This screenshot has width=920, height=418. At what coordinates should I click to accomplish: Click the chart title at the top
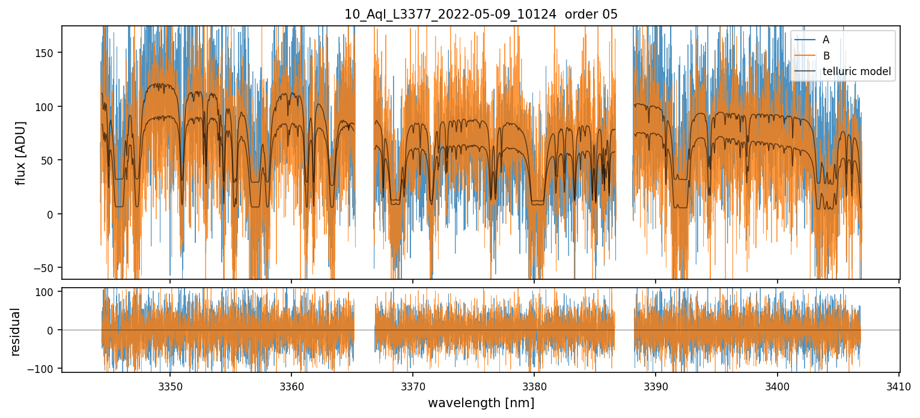(481, 14)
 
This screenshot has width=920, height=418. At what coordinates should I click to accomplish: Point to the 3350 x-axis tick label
(169, 385)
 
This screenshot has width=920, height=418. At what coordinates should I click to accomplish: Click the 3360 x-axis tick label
(291, 385)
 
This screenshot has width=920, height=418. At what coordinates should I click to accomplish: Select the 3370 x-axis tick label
(413, 385)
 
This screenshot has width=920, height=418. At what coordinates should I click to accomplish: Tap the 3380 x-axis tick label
(534, 385)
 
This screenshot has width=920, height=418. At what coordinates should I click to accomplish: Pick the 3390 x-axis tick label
(656, 385)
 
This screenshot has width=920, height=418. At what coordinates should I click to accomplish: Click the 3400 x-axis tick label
(778, 385)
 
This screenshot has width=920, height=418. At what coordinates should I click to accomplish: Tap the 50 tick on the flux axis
(49, 160)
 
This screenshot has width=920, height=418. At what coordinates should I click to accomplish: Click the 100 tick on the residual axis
(47, 292)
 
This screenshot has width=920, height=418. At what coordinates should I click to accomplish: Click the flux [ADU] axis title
(22, 153)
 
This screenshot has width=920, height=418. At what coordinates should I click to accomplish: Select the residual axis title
(16, 331)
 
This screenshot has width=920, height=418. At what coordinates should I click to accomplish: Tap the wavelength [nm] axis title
(481, 403)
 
